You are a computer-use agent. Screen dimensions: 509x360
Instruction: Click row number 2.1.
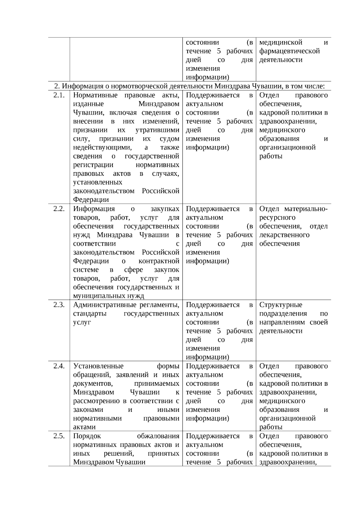tap(59, 95)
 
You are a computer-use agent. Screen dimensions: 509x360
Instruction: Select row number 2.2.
tap(59, 209)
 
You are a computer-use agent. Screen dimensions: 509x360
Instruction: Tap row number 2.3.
tap(59, 305)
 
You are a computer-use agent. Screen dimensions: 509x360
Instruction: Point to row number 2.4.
tap(59, 366)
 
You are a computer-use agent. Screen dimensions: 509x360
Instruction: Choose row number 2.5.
tap(59, 436)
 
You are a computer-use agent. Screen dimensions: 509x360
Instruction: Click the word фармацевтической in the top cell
tap(289, 51)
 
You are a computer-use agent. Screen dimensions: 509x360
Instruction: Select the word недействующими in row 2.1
tap(102, 148)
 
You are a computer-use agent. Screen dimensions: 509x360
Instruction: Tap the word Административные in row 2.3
tap(105, 305)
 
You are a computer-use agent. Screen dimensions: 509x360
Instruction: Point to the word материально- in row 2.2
tap(306, 209)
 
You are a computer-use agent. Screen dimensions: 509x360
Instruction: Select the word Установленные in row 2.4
tap(98, 366)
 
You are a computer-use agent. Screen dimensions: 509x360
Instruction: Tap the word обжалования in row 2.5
tap(158, 436)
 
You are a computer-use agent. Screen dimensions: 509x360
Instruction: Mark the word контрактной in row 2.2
tap(159, 261)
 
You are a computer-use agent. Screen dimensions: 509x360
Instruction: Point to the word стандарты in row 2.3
tap(90, 314)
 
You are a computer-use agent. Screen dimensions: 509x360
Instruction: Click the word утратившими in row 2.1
tap(157, 130)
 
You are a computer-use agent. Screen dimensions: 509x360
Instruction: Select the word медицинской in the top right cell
tap(281, 43)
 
